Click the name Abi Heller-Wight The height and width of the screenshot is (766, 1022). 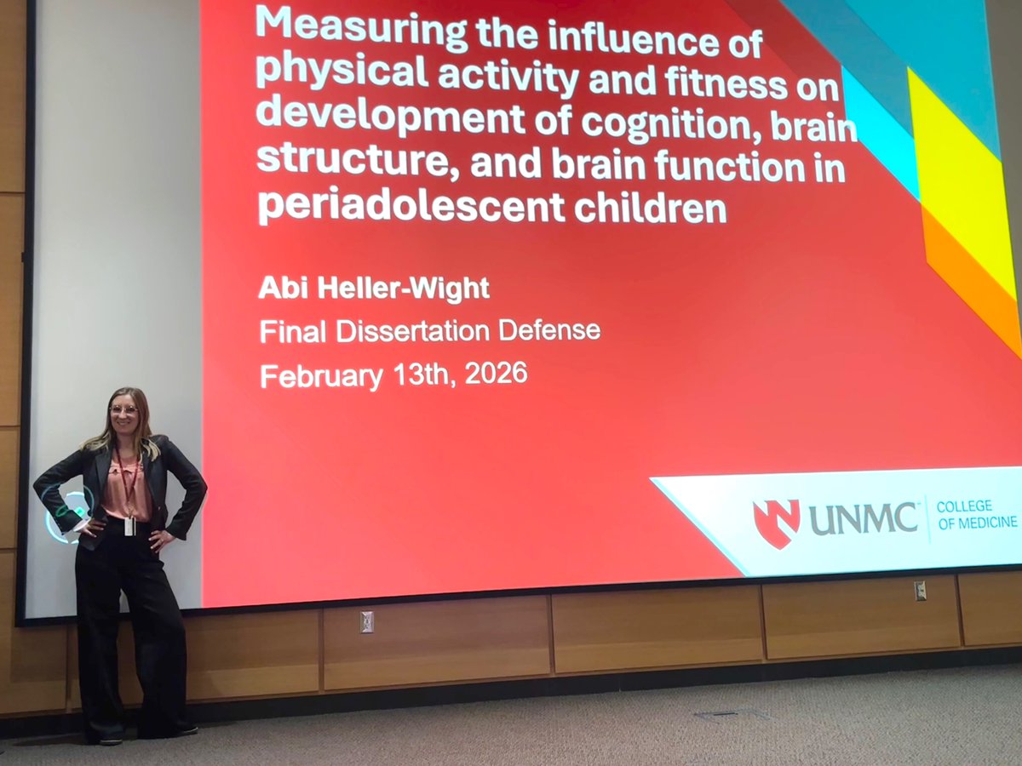coord(374,288)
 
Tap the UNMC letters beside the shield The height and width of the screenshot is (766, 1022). coord(864,519)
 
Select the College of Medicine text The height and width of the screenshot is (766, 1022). coord(976,515)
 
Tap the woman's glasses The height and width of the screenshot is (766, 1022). coord(124,410)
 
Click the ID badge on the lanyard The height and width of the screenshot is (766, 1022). coord(129,526)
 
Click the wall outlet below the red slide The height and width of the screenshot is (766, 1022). coord(366,622)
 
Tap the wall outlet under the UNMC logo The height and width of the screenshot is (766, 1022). coord(920,591)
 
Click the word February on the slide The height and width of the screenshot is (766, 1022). coord(321,375)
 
